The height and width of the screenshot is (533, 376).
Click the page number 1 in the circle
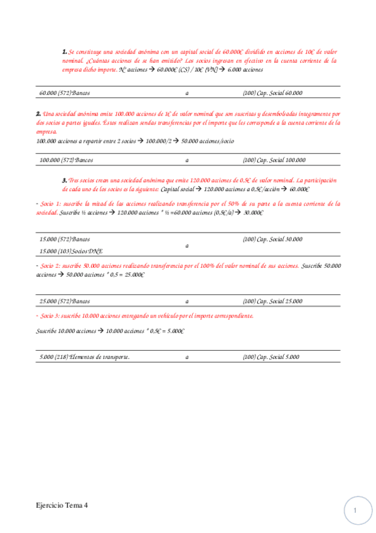[x=355, y=511]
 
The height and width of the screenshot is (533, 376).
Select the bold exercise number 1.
[x=65, y=52]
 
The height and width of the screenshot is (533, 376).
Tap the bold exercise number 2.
[x=39, y=114]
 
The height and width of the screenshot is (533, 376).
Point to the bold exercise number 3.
[x=65, y=180]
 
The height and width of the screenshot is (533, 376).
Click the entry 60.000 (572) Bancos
[x=65, y=93]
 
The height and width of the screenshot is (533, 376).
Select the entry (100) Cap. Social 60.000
[x=272, y=93]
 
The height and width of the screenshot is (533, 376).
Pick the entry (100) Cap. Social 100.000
[x=274, y=160]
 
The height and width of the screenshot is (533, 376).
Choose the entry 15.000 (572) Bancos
[x=65, y=239]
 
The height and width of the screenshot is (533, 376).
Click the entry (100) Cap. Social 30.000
[x=272, y=239]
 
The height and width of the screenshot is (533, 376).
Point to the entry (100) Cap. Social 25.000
[x=272, y=302]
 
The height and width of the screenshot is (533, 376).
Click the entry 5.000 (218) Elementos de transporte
[x=84, y=357]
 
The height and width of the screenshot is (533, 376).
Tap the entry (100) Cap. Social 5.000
[x=271, y=357]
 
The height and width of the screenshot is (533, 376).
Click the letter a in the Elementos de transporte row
[x=187, y=357]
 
